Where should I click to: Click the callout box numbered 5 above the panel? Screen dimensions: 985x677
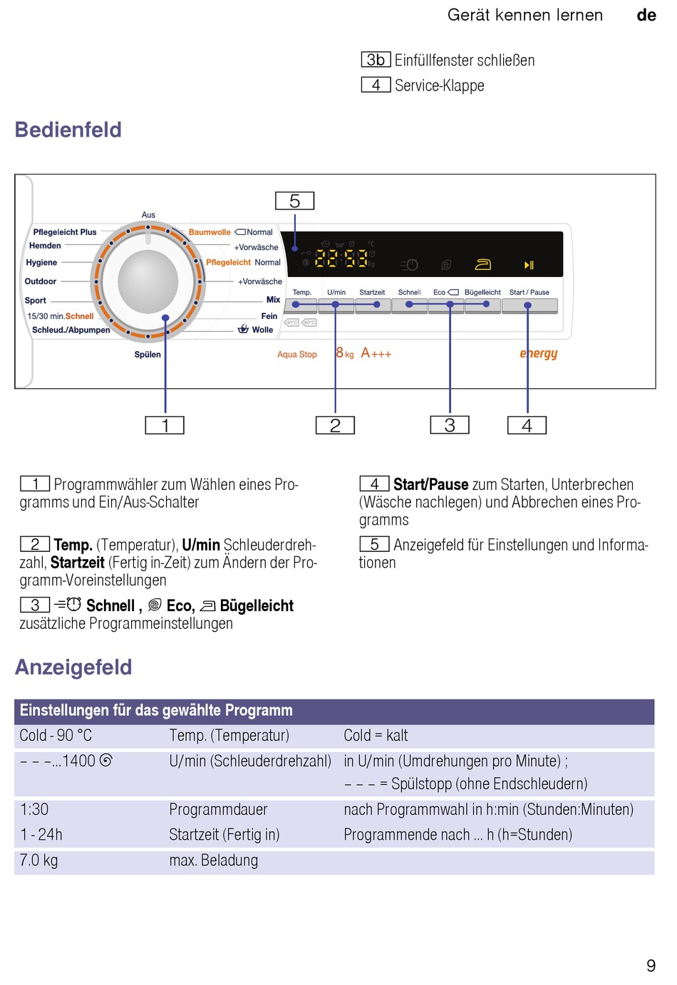coord(294,202)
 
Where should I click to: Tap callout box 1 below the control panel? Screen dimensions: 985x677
coord(165,426)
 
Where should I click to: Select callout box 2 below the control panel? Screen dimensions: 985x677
coord(335,426)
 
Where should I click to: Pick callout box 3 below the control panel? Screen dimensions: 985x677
coord(450,425)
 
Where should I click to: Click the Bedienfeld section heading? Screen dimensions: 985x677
coord(68,130)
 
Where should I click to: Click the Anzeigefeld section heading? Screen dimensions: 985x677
coord(73,667)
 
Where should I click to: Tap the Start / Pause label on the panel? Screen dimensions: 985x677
coord(529,293)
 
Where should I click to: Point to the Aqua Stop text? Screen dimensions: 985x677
coord(297,355)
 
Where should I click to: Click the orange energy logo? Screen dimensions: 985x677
coord(539,353)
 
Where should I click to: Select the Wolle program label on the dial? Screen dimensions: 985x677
coord(262,330)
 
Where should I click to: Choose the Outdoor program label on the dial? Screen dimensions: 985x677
coord(41,281)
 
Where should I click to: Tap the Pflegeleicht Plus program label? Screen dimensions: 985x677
coord(65,232)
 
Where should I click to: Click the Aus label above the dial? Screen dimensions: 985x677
coord(148,215)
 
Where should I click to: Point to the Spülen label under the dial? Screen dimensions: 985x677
coord(148,355)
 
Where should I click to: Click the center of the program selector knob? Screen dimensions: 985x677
coord(148,281)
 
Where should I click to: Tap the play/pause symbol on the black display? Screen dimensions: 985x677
coord(529,265)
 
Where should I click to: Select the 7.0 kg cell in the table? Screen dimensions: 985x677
coord(39,860)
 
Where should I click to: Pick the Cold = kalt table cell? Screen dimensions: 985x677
coord(376,736)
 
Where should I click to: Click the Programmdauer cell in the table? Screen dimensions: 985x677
coord(218,810)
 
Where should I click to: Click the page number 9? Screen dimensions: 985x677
coord(651,966)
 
